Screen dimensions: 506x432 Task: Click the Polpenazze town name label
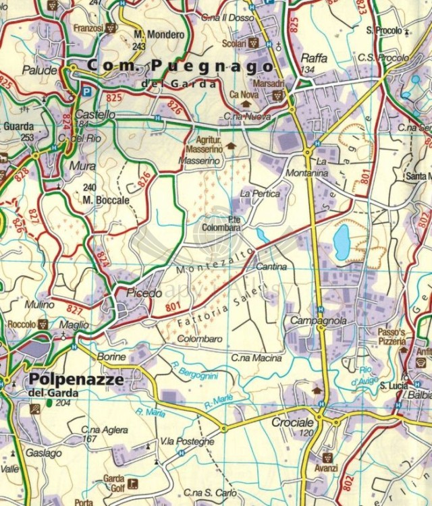pyautogui.click(x=76, y=379)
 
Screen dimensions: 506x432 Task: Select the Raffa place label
pyautogui.click(x=314, y=58)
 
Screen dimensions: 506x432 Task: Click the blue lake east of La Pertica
pyautogui.click(x=342, y=242)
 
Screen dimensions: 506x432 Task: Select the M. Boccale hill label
pyautogui.click(x=106, y=200)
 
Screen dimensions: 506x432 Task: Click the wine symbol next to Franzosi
pyautogui.click(x=111, y=28)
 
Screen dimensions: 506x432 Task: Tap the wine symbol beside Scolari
pyautogui.click(x=253, y=43)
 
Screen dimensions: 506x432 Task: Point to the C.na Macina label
pyautogui.click(x=256, y=358)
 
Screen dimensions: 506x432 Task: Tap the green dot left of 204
pyautogui.click(x=49, y=403)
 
